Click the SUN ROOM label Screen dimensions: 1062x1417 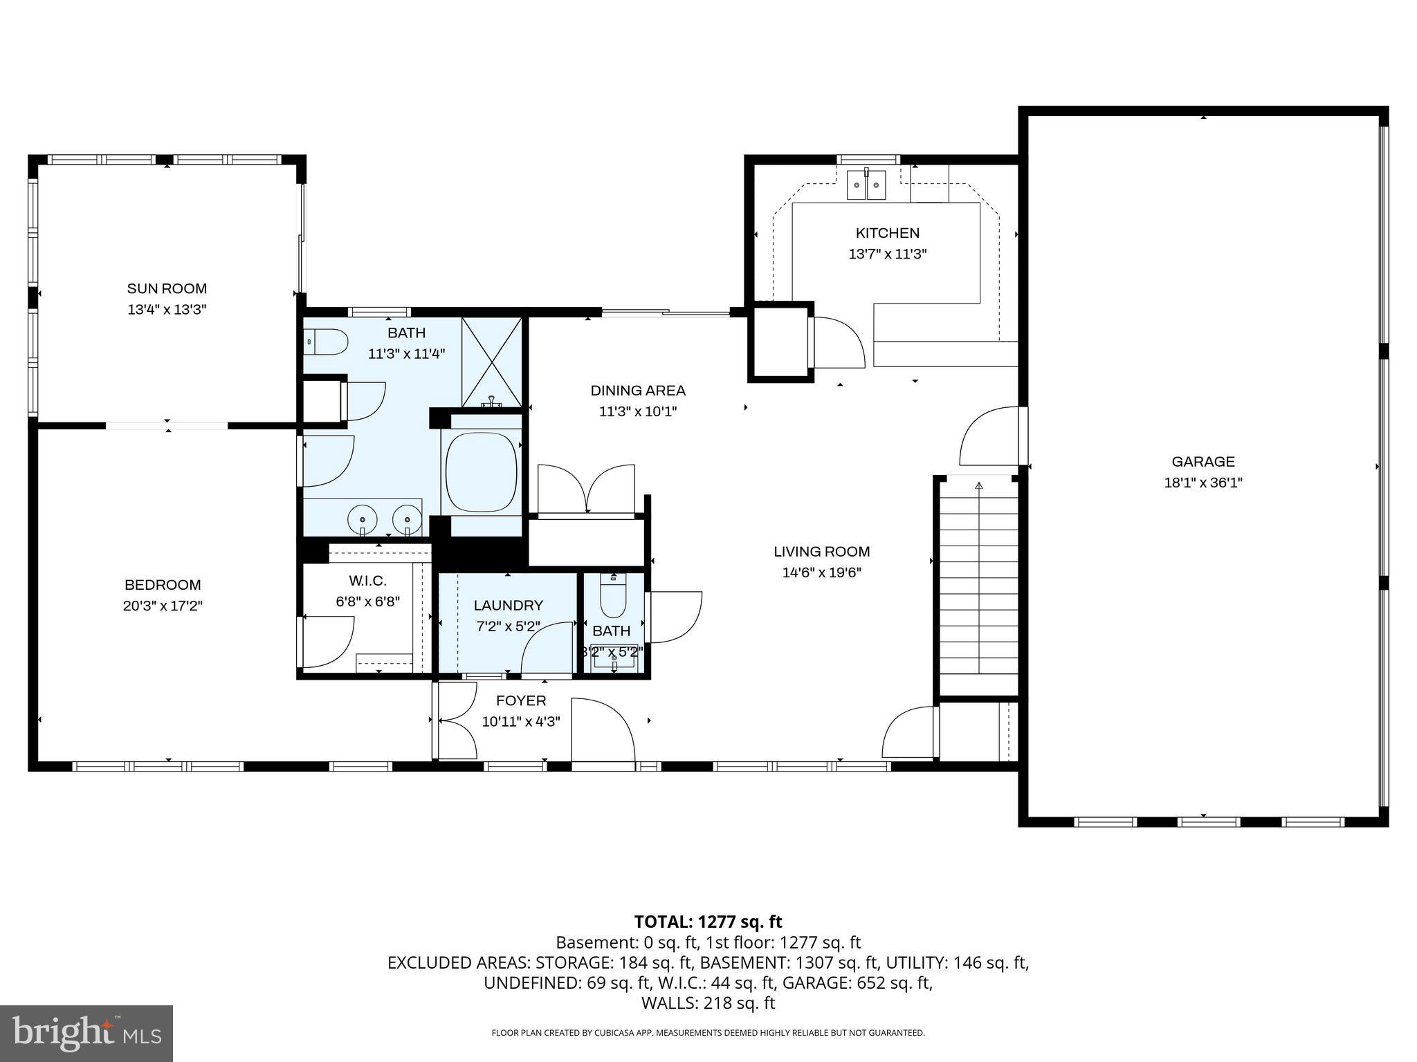(167, 288)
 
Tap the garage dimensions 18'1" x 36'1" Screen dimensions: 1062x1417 (1203, 483)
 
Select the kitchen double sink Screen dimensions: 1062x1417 (866, 185)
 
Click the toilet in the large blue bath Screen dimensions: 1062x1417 (327, 342)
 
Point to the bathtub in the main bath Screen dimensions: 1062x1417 (481, 472)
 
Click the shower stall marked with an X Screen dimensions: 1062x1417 (492, 361)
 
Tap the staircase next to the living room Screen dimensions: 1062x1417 (978, 581)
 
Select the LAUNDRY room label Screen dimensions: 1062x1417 (508, 606)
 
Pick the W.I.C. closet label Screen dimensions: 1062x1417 (367, 581)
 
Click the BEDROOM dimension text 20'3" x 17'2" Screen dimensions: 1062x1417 (163, 606)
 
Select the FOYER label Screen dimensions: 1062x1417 (520, 700)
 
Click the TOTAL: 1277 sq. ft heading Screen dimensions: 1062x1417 (708, 922)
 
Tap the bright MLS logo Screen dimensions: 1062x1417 (86, 1033)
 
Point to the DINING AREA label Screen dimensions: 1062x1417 (637, 391)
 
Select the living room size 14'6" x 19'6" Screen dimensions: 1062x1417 (821, 572)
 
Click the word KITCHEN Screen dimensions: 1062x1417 (887, 233)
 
